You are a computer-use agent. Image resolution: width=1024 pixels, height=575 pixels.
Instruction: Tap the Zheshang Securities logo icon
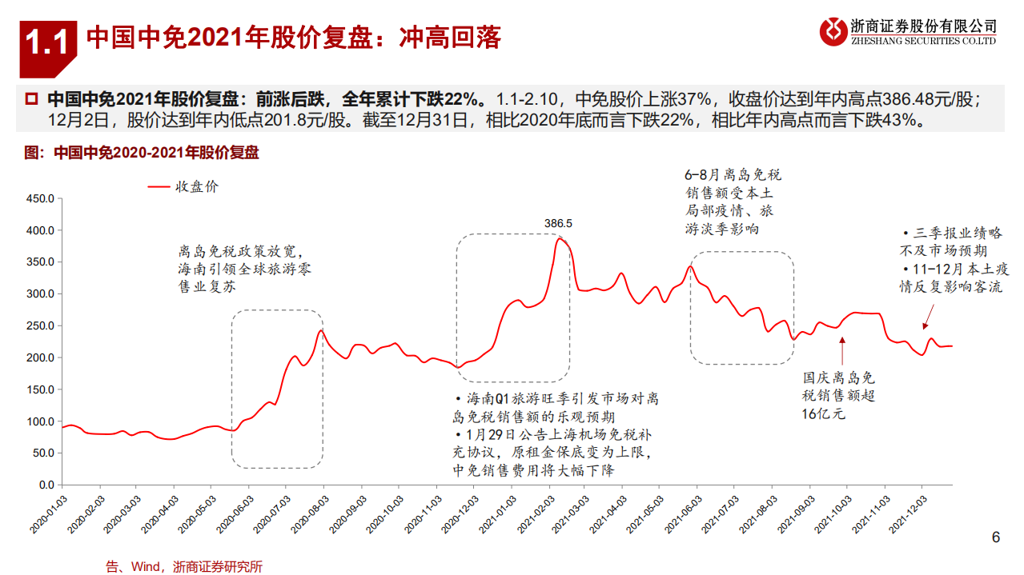[833, 32]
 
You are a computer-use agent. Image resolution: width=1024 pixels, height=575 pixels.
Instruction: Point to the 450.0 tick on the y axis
[39, 198]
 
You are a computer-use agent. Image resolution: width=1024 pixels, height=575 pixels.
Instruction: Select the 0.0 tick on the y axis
[46, 485]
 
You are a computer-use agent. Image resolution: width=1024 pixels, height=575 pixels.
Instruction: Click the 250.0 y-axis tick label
[39, 325]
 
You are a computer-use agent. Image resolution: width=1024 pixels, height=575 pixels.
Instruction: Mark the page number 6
[996, 537]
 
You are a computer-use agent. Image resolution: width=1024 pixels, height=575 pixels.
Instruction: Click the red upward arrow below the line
[842, 350]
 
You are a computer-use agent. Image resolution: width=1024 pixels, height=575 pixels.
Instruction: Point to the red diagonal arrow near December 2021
[927, 321]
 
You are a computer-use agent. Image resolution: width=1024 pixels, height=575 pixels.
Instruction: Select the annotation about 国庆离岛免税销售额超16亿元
[838, 395]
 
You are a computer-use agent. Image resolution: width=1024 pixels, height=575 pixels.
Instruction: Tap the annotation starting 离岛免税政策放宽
[244, 269]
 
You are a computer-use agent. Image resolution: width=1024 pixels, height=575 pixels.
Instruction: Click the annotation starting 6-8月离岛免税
[733, 202]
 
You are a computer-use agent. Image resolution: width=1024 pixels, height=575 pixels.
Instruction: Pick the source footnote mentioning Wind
[183, 567]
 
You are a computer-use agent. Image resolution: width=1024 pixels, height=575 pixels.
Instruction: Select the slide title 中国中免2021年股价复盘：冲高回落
[293, 38]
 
